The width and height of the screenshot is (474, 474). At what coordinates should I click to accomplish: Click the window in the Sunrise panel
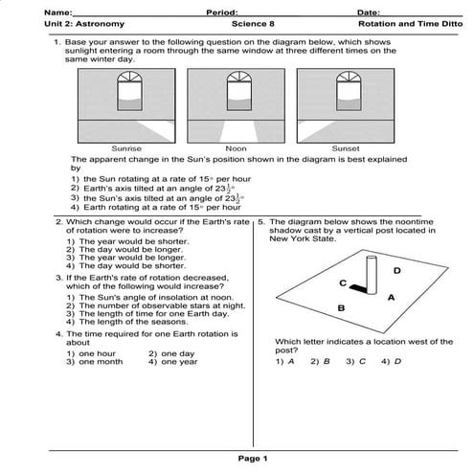[x=129, y=91]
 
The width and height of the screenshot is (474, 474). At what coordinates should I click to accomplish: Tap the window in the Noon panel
[x=239, y=91]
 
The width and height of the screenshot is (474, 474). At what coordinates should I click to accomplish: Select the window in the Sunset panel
[x=349, y=91]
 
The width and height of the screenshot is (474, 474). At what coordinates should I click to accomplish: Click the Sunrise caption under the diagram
[x=126, y=148]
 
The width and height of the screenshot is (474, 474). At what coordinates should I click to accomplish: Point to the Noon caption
[x=236, y=148]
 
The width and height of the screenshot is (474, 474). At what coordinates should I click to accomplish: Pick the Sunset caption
[x=346, y=148]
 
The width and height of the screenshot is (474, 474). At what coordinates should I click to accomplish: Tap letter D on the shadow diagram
[x=396, y=271]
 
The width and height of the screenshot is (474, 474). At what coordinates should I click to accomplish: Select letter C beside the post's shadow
[x=343, y=282]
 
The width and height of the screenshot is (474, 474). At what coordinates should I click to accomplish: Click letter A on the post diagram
[x=391, y=298]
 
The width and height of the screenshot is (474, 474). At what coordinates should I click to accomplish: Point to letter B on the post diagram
[x=341, y=308]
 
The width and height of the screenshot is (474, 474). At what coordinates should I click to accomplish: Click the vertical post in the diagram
[x=372, y=275]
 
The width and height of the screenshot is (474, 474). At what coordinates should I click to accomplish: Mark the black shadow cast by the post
[x=358, y=288]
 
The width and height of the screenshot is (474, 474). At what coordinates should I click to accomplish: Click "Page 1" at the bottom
[x=253, y=459]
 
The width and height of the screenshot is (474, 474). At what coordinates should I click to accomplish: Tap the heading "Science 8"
[x=253, y=24]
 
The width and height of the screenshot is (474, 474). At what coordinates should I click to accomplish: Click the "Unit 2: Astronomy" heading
[x=84, y=24]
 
